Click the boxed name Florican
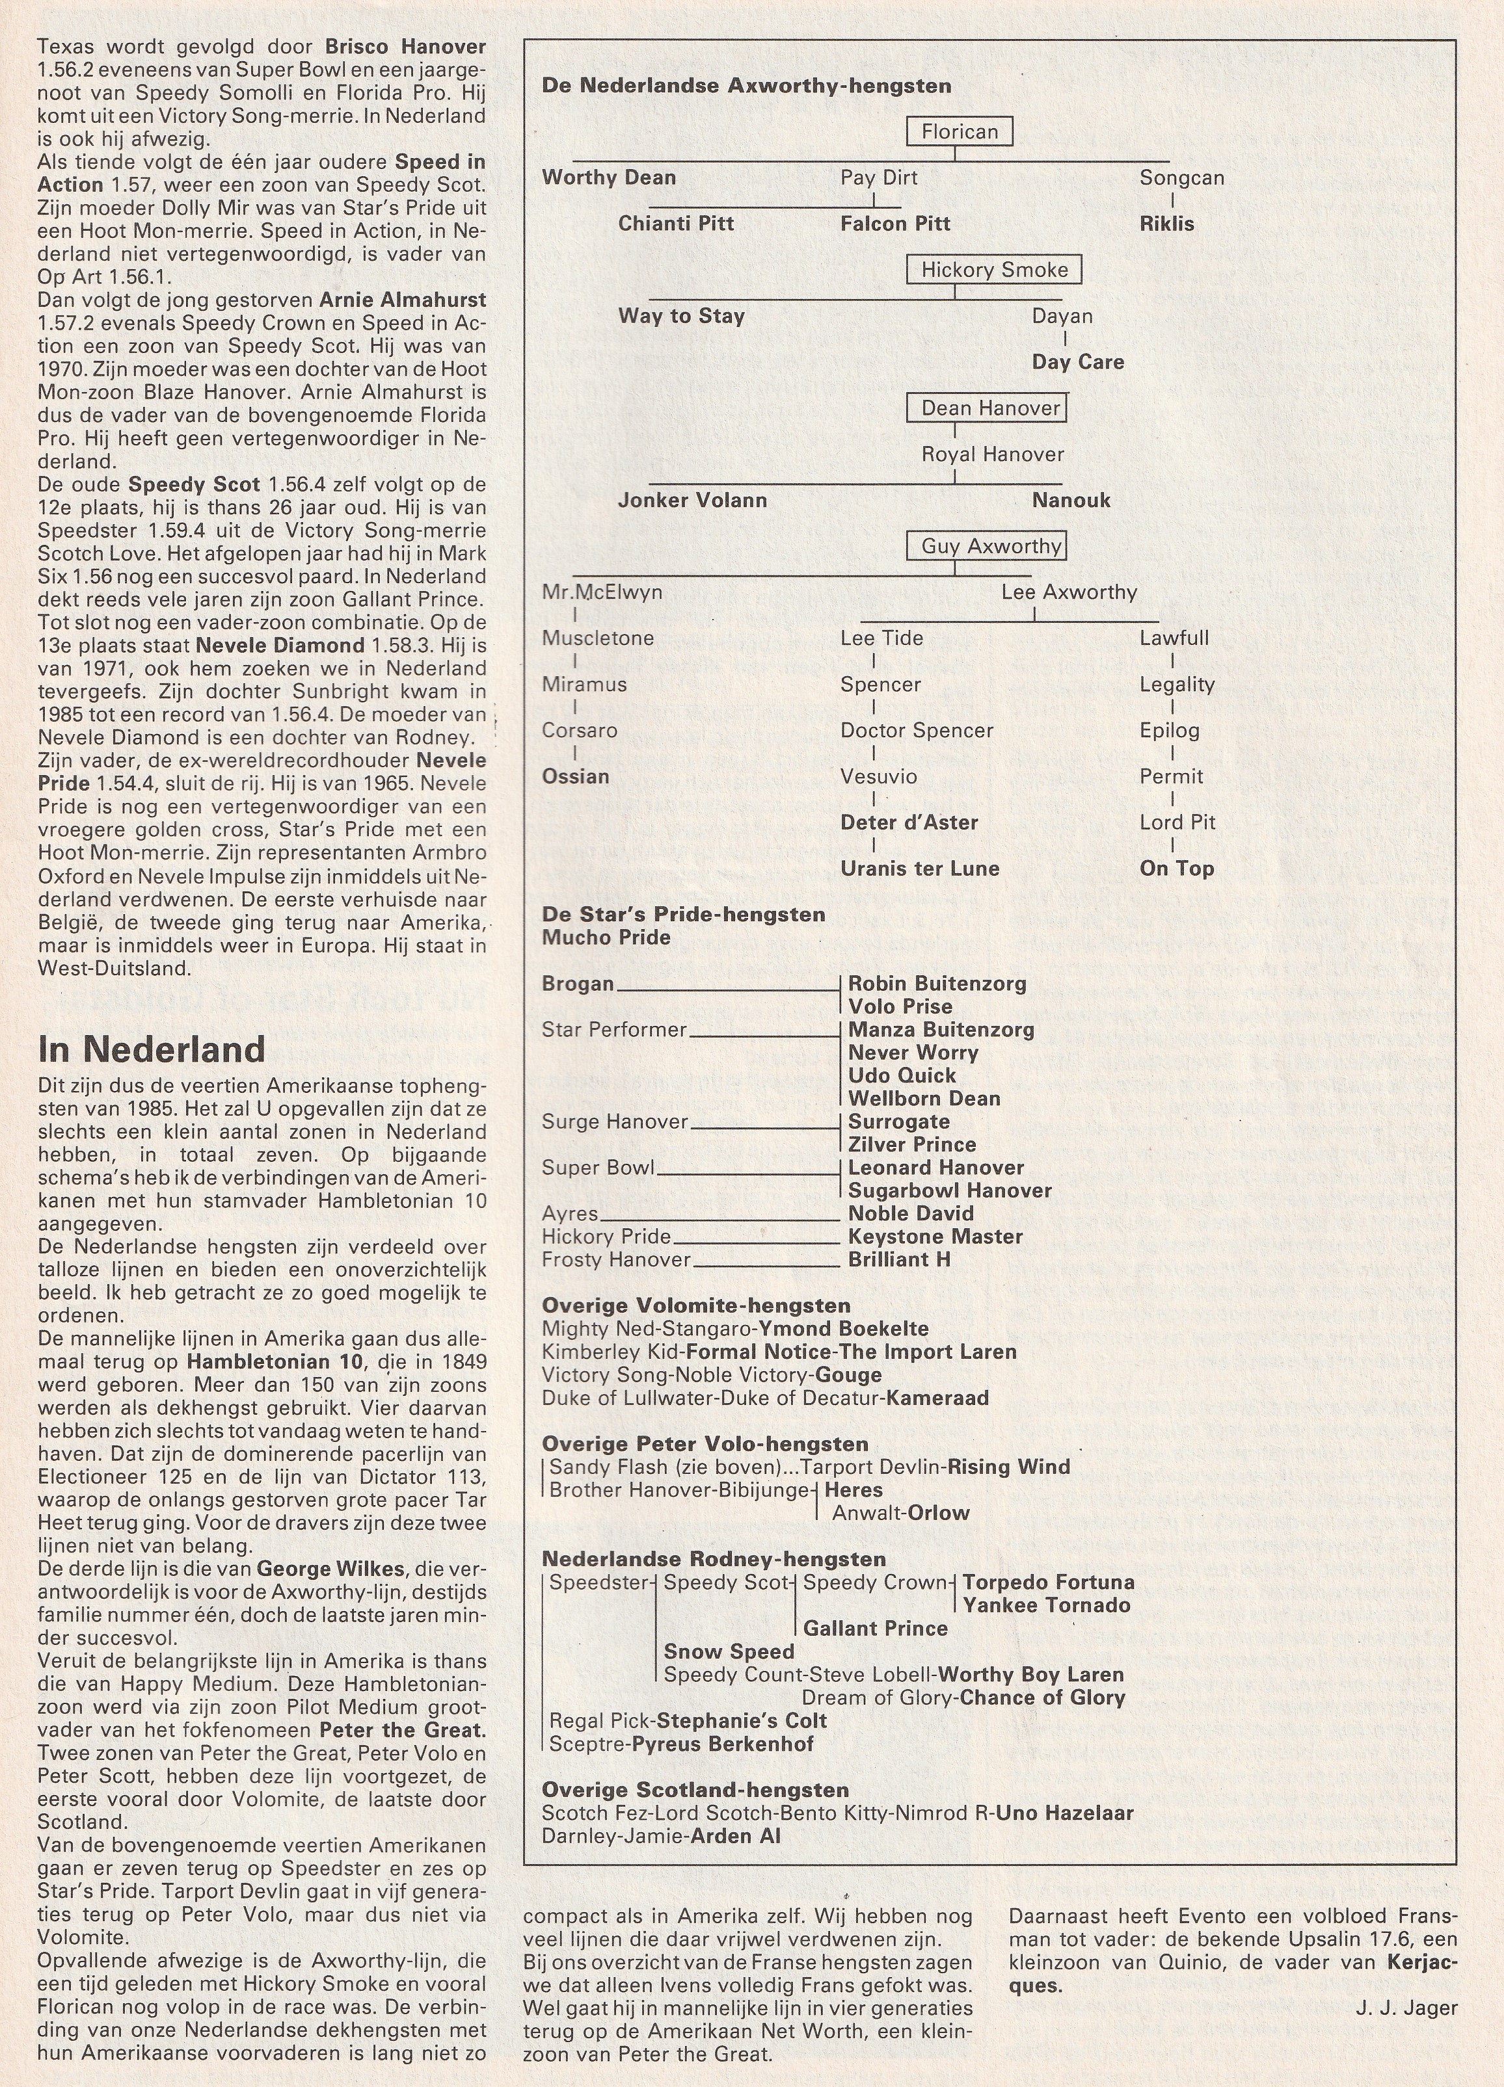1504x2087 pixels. click(959, 131)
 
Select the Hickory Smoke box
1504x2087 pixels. click(994, 270)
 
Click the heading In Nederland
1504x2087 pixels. click(151, 1049)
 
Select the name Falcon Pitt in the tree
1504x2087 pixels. click(894, 224)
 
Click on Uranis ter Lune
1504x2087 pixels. click(920, 869)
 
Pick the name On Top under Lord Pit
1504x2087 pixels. click(1176, 869)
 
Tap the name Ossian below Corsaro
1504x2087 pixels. click(575, 777)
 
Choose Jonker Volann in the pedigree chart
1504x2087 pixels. click(692, 501)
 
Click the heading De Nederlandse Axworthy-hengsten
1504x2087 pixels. click(747, 86)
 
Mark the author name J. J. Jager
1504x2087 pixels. click(1406, 2008)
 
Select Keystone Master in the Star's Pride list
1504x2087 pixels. click(935, 1237)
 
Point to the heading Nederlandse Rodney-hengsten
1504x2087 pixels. click(714, 1559)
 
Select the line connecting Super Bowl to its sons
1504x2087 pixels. click(748, 1174)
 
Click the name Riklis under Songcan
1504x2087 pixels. click(1166, 224)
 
